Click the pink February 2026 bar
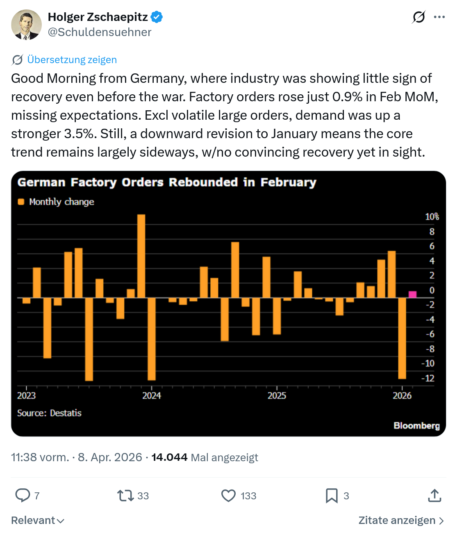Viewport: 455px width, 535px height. point(412,294)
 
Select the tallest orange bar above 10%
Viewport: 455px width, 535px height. point(141,256)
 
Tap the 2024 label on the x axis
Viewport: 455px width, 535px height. point(151,396)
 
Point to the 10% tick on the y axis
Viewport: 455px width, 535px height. point(432,216)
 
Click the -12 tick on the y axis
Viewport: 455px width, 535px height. point(428,378)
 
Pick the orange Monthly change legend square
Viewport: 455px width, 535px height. point(21,202)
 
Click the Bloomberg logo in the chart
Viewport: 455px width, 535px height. point(416,426)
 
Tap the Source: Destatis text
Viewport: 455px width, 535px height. point(49,413)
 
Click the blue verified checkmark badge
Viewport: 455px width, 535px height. point(157,17)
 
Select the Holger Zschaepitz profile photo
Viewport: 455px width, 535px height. point(26,25)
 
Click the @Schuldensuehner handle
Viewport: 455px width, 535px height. point(100,32)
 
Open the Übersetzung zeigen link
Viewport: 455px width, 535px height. point(72,59)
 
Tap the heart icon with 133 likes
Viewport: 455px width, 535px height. point(229,496)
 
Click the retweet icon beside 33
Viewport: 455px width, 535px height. point(125,496)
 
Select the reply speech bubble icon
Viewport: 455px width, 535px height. point(23,495)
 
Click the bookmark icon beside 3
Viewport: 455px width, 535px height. point(332,496)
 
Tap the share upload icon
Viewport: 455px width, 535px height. point(435,495)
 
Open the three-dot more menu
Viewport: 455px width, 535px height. point(439,17)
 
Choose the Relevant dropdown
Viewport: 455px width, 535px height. point(38,520)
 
